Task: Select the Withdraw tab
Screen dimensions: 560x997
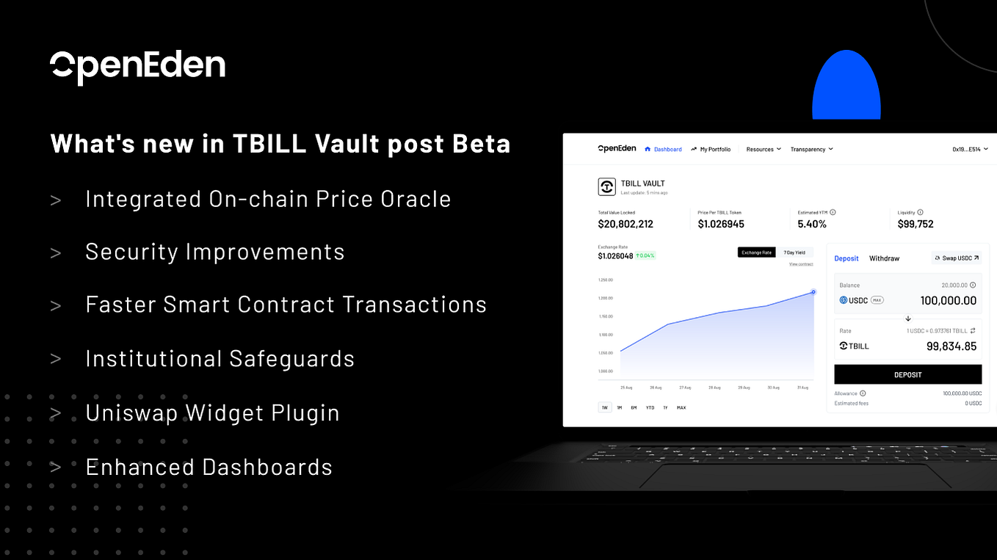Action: pos(884,258)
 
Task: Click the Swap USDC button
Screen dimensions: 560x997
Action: pos(957,258)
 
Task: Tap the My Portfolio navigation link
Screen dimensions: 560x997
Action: pos(711,149)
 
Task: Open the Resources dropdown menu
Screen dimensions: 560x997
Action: pos(764,149)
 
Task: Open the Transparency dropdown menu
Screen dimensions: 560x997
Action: pos(811,149)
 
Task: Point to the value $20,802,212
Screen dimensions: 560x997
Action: pos(626,224)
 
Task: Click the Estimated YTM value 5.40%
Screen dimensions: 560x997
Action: pos(812,224)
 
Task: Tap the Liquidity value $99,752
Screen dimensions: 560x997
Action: pos(916,224)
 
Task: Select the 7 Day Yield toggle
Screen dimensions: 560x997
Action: pos(795,252)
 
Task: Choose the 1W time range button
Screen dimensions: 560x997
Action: pos(605,407)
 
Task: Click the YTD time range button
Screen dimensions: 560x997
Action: pos(650,407)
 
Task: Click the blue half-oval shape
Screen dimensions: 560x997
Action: pos(846,87)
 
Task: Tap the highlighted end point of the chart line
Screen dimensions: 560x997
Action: pos(813,292)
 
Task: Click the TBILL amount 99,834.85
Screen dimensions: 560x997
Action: pos(951,346)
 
